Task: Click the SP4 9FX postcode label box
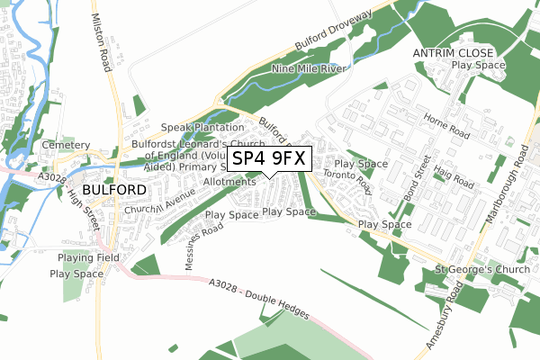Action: (269, 159)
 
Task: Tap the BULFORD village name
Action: (113, 190)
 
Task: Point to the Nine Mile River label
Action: (310, 67)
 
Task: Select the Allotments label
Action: (229, 182)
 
